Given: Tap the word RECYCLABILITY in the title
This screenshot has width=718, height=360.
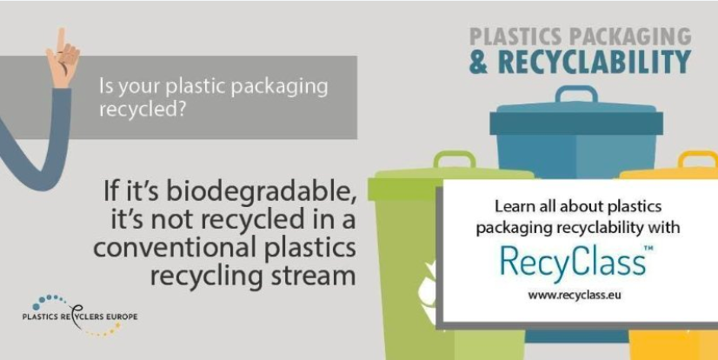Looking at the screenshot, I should point(598,62).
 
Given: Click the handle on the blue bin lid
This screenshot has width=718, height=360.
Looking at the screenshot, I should point(564,95).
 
